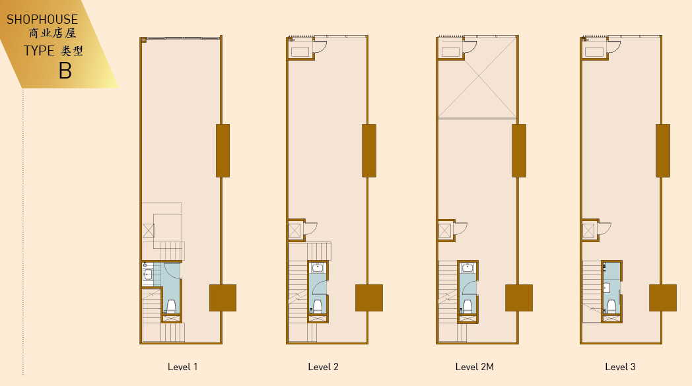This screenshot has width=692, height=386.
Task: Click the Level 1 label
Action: [x=182, y=367]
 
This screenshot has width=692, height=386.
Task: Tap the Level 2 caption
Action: [x=323, y=367]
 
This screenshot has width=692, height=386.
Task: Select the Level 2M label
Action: [x=474, y=367]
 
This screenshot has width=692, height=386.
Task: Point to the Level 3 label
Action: [x=620, y=367]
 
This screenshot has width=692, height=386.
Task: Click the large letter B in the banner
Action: [x=65, y=71]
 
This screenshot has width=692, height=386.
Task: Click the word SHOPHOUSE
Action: [x=42, y=19]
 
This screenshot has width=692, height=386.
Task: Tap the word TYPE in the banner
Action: [x=39, y=51]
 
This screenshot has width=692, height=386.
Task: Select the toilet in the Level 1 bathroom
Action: [x=171, y=306]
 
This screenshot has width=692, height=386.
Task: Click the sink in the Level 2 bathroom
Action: [x=318, y=268]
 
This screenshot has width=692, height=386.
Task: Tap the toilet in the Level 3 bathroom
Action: [x=611, y=306]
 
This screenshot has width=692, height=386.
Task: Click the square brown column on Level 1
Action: [x=223, y=298]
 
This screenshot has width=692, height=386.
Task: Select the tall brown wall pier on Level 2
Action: [x=369, y=151]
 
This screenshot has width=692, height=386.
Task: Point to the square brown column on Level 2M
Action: [x=518, y=298]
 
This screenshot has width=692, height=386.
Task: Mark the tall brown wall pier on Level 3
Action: [x=663, y=151]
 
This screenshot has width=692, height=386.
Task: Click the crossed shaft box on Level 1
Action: [x=149, y=231]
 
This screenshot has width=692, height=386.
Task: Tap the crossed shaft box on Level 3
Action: [x=588, y=230]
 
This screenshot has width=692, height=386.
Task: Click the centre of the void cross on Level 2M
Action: [x=478, y=77]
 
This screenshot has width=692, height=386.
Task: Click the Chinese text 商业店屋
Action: [x=53, y=33]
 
